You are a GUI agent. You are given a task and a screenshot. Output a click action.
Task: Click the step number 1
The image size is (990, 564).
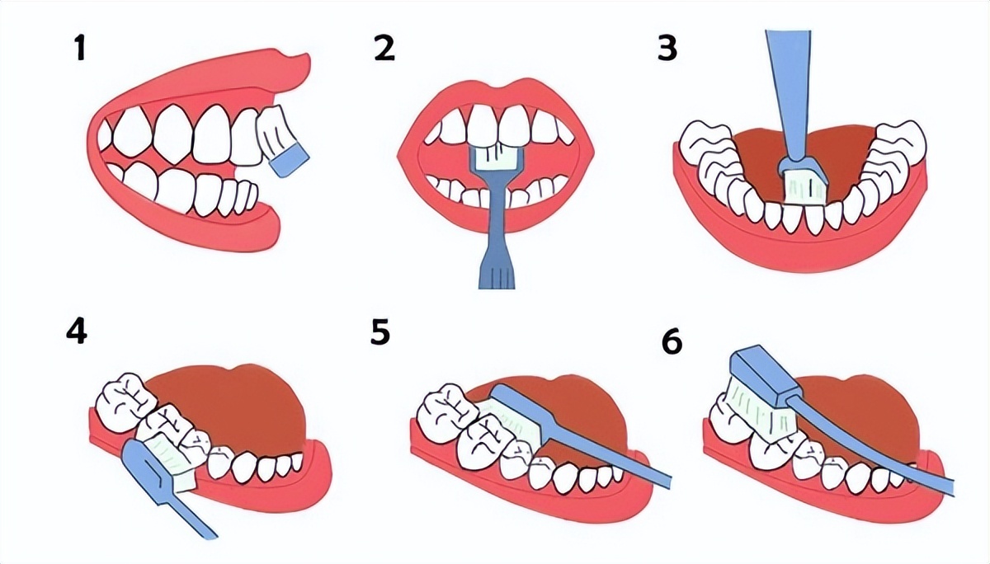80,48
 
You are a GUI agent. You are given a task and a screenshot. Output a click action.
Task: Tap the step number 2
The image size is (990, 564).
384,48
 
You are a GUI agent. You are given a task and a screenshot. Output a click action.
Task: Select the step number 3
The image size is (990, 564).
667,48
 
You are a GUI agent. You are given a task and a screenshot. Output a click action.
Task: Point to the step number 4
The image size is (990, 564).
76,331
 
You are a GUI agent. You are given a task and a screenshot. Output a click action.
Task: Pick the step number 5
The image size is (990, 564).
380,331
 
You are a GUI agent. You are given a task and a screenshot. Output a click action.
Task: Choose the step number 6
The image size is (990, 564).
672,341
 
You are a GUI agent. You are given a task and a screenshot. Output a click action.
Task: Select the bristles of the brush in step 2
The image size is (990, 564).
497,157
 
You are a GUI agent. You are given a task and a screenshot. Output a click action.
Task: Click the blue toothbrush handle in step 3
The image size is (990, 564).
792,97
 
